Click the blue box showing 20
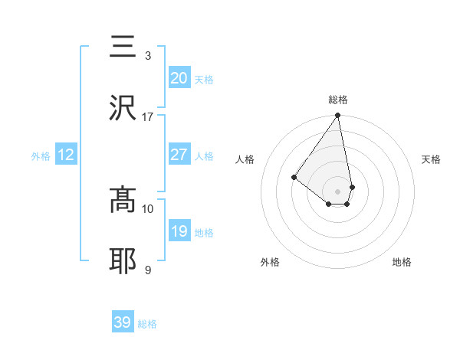coord(179,78)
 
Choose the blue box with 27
coord(179,155)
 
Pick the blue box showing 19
coord(179,231)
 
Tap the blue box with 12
coord(66,155)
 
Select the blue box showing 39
coord(123,322)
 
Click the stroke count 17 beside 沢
coord(148,117)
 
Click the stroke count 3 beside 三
coord(148,56)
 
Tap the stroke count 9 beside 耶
coord(148,270)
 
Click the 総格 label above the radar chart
coord(338,100)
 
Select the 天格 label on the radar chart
coord(431,159)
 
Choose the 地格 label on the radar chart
coord(402,262)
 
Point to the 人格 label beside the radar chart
coord(245,159)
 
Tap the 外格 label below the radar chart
coord(270,262)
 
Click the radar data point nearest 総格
coord(338,116)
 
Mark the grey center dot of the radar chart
coord(338,191)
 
